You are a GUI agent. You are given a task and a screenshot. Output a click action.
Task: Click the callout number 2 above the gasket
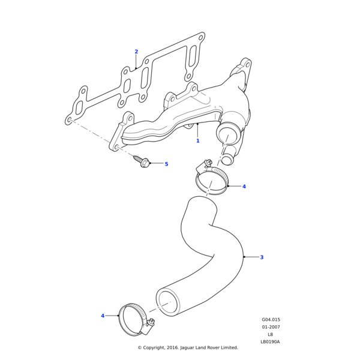click(x=136, y=52)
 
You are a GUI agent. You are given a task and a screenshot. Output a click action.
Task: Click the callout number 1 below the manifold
click(x=197, y=141)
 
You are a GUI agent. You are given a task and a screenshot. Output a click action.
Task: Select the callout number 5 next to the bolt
click(x=166, y=164)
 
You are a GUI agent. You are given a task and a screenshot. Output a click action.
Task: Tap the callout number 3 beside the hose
click(x=262, y=257)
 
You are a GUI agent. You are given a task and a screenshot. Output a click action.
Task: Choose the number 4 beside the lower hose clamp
click(x=103, y=316)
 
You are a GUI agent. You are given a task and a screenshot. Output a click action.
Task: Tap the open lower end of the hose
click(x=168, y=304)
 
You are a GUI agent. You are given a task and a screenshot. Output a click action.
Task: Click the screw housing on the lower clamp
click(x=151, y=325)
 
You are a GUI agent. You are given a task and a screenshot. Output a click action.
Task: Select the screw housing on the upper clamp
click(x=206, y=164)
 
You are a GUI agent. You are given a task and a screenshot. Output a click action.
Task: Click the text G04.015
click(x=271, y=320)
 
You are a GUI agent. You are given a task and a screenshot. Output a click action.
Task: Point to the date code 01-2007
click(x=271, y=327)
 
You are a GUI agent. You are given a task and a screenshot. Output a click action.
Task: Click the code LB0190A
click(x=271, y=342)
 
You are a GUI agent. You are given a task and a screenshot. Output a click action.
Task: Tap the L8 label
click(x=271, y=335)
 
